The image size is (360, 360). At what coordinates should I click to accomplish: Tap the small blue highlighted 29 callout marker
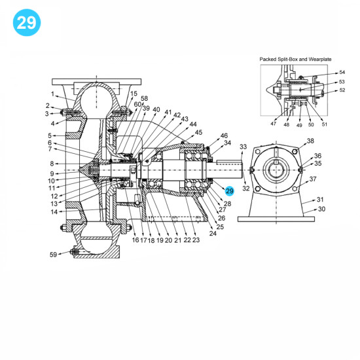[229, 190]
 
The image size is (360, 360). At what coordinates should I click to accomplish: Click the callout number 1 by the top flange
[52, 94]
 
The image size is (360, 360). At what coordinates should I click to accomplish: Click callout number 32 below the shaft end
[246, 189]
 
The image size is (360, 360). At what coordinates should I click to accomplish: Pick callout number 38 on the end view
[310, 141]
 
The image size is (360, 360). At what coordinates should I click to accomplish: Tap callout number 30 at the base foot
[321, 209]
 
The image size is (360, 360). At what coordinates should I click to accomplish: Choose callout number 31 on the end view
[320, 200]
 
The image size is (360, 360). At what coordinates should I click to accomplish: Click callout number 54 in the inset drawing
[341, 72]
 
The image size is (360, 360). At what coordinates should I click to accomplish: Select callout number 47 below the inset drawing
[274, 123]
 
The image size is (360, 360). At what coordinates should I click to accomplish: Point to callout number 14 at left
[54, 211]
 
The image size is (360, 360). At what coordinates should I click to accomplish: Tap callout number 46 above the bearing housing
[224, 135]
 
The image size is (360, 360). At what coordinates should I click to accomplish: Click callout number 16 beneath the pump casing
[135, 240]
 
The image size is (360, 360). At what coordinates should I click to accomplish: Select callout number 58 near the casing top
[145, 99]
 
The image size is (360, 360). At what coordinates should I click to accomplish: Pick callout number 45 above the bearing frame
[198, 132]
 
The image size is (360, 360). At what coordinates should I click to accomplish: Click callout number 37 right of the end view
[313, 179]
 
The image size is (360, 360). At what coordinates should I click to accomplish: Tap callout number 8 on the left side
[50, 164]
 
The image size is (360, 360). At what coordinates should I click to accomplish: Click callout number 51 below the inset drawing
[325, 123]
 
